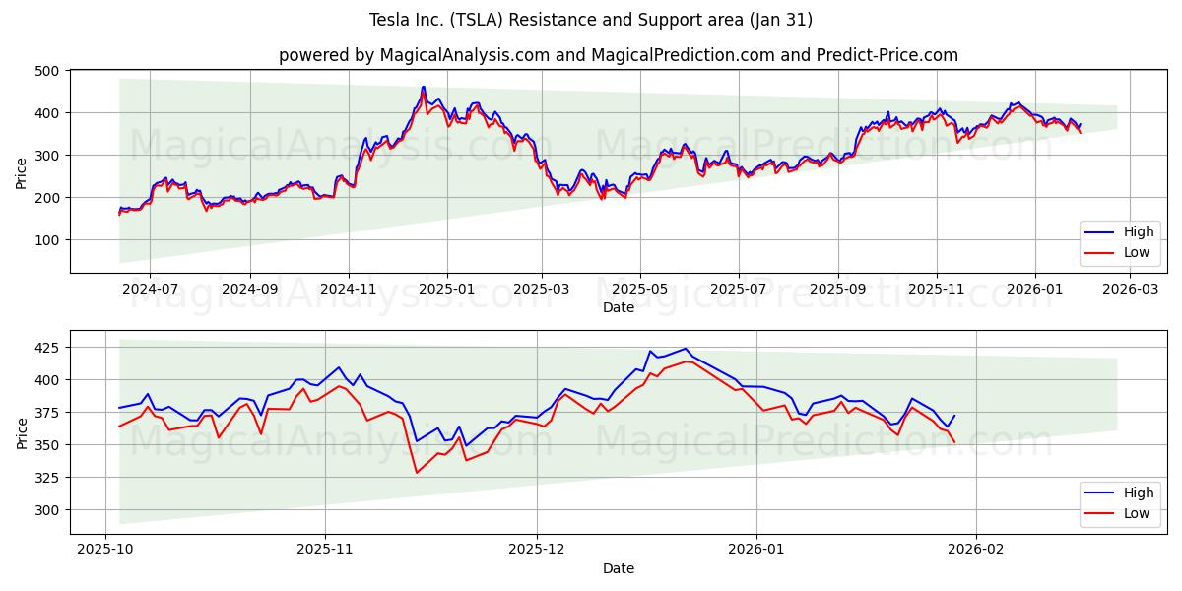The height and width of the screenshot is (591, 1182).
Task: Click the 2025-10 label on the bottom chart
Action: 104,550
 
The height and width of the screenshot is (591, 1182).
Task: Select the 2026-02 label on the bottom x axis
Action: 974,550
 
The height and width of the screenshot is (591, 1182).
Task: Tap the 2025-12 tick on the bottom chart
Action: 538,550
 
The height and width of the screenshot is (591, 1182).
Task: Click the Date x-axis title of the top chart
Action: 619,308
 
